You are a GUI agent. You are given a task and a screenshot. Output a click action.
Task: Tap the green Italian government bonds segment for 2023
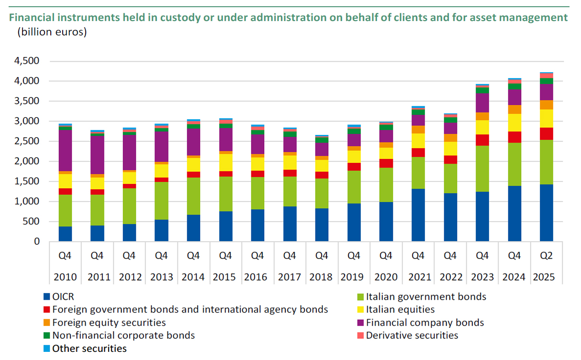[482, 169]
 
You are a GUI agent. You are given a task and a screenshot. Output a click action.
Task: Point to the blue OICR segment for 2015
[225, 226]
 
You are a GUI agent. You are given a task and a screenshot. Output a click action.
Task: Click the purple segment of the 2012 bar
[129, 152]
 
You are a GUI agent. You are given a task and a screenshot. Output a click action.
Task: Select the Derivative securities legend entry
[412, 336]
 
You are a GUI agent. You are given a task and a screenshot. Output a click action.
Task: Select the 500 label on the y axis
[31, 222]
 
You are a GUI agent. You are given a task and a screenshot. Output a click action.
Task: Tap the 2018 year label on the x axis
[322, 277]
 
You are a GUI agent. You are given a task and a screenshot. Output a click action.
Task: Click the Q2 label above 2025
[547, 256]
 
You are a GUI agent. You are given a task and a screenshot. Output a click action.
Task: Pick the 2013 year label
[161, 277]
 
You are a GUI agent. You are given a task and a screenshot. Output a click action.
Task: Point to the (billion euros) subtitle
[52, 33]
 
